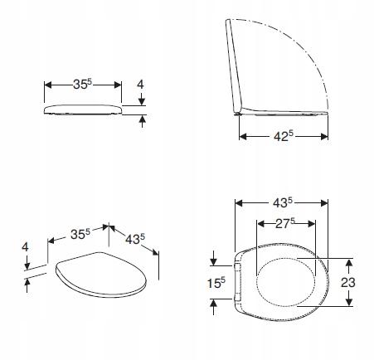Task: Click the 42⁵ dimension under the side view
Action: tap(284, 136)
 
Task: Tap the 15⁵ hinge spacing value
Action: tap(216, 283)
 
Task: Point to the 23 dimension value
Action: tap(348, 282)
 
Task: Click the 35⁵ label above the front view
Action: tap(82, 84)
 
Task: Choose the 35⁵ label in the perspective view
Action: tap(80, 234)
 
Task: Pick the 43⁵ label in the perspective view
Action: tap(135, 239)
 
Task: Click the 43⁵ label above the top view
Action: tap(283, 202)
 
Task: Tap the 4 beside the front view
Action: tap(141, 85)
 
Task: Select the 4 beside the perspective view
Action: tap(25, 246)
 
